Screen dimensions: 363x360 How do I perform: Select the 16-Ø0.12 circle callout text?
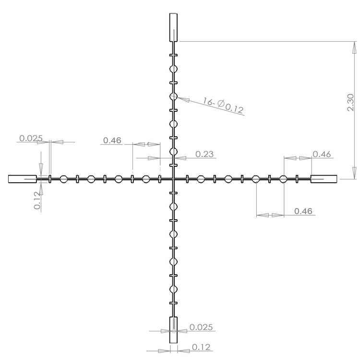click(223, 106)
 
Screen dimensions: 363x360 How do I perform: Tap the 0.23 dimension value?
click(205, 154)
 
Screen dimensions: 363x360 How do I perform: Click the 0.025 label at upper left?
click(31, 139)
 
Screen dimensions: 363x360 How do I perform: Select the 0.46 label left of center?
click(111, 141)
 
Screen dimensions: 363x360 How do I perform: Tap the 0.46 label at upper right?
click(322, 154)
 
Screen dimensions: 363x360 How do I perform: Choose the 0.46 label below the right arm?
click(303, 211)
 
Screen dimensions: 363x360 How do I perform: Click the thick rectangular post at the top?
click(173, 27)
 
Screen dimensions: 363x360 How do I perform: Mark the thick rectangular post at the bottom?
click(173, 330)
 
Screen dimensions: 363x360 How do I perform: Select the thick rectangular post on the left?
click(22, 179)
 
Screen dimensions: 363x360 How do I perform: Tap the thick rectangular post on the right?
click(324, 179)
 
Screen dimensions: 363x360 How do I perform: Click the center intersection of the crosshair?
click(173, 179)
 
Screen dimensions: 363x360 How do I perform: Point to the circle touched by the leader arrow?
click(173, 97)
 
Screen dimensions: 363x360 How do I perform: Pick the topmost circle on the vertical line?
click(173, 70)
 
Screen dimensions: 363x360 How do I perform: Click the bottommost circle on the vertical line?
click(173, 290)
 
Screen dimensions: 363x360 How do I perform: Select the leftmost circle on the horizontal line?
click(63, 179)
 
